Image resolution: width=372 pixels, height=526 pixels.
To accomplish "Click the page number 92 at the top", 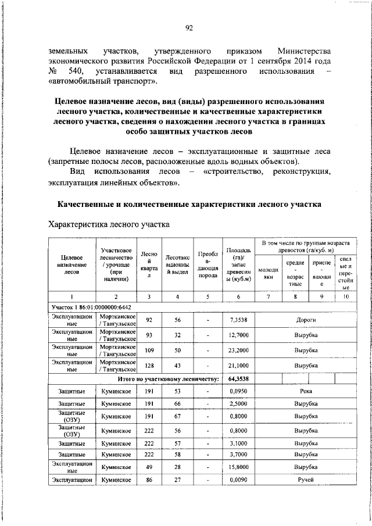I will [x=188, y=28].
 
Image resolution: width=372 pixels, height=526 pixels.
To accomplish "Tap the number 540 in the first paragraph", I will [x=83, y=71].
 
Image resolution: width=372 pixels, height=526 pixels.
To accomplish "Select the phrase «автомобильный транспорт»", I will [x=103, y=81].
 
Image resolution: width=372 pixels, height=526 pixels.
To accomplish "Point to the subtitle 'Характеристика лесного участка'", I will [x=109, y=223].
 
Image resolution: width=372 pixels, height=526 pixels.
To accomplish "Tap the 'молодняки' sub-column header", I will [x=269, y=273].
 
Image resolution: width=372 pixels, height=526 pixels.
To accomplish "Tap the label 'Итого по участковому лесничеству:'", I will [x=168, y=378].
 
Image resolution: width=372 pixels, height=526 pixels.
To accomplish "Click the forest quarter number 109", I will [x=149, y=352].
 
